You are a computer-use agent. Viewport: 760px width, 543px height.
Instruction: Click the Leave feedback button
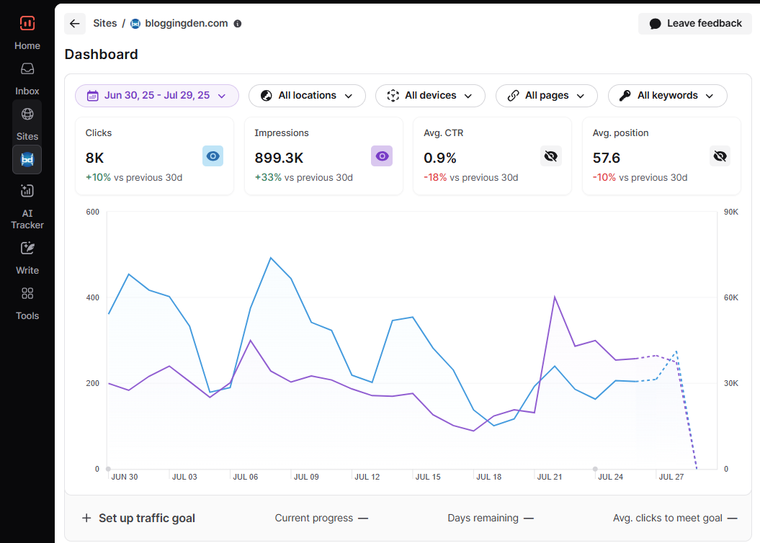(x=694, y=24)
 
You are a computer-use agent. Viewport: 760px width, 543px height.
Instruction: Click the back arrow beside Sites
(x=75, y=24)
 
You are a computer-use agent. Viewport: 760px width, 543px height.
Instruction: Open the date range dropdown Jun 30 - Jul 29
(x=157, y=96)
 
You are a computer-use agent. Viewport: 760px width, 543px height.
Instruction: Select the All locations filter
(x=307, y=96)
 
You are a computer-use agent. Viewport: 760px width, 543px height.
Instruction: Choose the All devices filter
(x=430, y=96)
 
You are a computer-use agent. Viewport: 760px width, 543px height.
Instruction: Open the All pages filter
(x=546, y=96)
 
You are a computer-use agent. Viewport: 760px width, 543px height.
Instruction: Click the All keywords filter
(x=667, y=96)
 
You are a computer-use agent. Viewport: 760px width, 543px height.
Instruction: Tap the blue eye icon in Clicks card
(x=213, y=156)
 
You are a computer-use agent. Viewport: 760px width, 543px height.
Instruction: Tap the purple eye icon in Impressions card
(x=382, y=156)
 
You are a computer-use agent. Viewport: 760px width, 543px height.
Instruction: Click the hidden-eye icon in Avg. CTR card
(x=551, y=156)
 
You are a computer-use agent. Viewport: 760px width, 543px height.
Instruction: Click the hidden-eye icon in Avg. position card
(x=720, y=156)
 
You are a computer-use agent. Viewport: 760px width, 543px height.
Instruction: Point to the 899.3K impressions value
(x=279, y=158)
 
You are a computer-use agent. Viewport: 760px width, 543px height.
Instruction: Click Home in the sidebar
(x=27, y=32)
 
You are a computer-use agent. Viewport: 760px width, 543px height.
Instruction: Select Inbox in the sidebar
(x=27, y=78)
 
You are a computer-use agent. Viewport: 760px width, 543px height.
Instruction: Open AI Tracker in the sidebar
(x=27, y=205)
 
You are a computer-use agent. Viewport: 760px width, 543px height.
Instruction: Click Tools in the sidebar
(x=27, y=302)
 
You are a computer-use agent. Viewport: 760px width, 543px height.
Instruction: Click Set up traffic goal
(x=138, y=518)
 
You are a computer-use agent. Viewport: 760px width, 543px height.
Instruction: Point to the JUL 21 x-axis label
(x=550, y=477)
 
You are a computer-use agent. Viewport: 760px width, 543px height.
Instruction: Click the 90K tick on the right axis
(x=730, y=212)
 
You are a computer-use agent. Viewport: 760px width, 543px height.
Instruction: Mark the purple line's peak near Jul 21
(x=555, y=297)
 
